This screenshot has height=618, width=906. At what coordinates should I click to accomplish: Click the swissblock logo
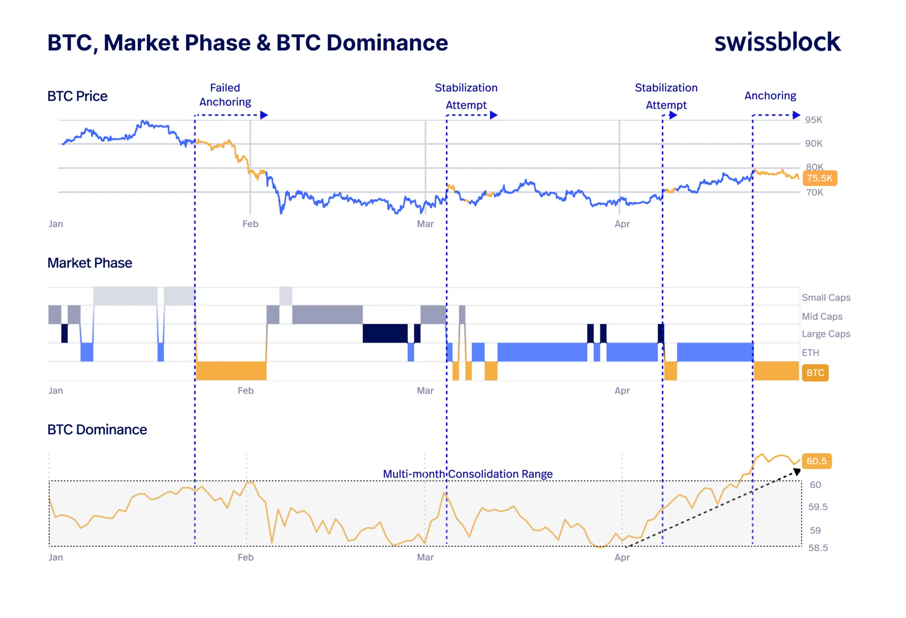click(x=777, y=42)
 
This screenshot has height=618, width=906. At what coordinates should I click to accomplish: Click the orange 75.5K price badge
click(x=819, y=178)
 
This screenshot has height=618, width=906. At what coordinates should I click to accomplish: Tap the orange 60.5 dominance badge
click(x=816, y=461)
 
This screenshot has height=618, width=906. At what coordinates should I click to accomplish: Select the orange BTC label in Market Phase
click(x=815, y=373)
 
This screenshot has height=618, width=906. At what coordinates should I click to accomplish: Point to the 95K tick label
click(x=813, y=120)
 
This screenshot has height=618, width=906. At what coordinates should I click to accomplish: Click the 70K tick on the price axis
click(x=814, y=192)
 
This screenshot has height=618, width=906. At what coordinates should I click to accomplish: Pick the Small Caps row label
click(x=826, y=297)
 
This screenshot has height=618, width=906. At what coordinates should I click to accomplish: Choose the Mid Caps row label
click(x=822, y=316)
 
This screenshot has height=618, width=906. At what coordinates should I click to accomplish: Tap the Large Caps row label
click(x=826, y=334)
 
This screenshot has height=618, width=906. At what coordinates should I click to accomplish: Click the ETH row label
click(x=810, y=353)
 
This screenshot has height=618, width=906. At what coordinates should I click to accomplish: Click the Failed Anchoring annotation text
click(x=225, y=95)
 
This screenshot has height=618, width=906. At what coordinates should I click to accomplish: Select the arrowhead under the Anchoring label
click(x=796, y=115)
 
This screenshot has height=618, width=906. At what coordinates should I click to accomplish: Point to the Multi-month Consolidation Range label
click(x=467, y=474)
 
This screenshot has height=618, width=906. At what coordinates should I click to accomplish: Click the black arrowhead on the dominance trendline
click(x=796, y=472)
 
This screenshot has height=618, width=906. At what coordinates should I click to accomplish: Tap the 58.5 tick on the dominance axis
click(x=818, y=548)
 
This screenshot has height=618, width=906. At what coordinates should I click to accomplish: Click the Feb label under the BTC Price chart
click(x=250, y=224)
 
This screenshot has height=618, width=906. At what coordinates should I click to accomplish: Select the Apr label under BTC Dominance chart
click(x=622, y=557)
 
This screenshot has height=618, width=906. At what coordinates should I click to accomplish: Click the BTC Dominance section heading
click(x=97, y=429)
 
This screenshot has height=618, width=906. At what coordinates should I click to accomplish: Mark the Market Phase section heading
click(x=90, y=263)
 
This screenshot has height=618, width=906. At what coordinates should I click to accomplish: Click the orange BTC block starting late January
click(x=231, y=370)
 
